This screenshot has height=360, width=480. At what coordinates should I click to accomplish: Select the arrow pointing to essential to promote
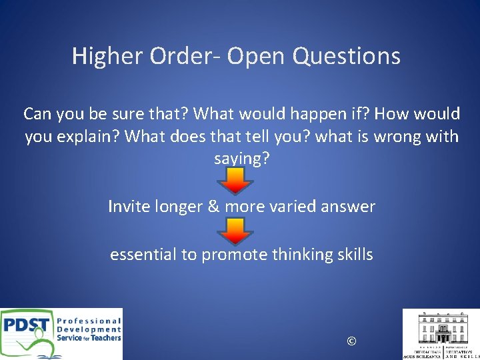pos(237,229)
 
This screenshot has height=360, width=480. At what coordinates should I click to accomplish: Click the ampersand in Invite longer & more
pos(213,207)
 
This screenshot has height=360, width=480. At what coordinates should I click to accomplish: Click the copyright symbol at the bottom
pos(351,341)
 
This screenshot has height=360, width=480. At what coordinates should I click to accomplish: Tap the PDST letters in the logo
pos(27,327)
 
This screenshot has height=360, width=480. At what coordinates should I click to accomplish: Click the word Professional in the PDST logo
pos(89,320)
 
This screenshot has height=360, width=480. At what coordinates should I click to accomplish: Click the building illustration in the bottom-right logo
pos(441,327)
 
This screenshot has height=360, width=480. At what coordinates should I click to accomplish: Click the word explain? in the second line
pos(83,137)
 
